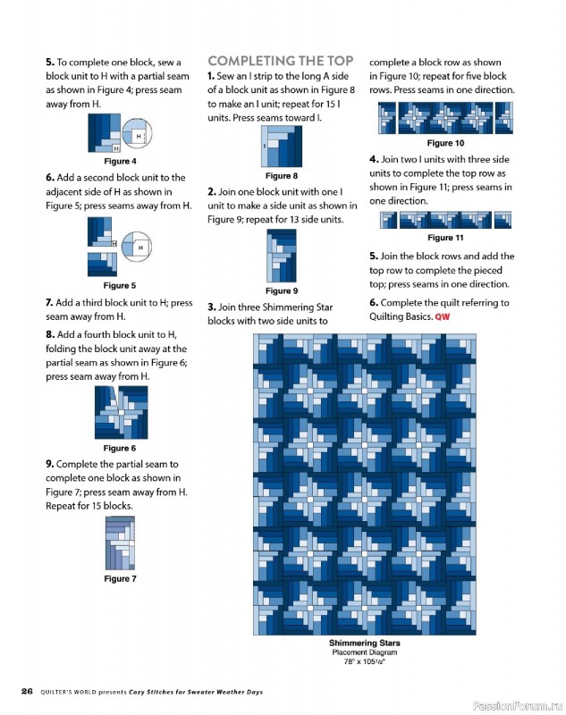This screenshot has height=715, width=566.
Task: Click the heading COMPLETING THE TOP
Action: pos(281,61)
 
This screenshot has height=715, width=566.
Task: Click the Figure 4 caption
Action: pos(120,162)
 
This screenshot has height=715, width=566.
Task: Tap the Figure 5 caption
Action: pos(120,285)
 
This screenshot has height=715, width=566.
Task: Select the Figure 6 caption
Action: pos(120,449)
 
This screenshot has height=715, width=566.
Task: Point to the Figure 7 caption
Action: pos(120,578)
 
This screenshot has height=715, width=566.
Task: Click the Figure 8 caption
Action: pos(282,176)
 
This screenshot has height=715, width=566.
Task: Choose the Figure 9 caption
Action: pos(282,291)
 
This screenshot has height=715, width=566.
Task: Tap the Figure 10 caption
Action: pos(445,143)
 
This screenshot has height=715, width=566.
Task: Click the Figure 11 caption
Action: pos(445,238)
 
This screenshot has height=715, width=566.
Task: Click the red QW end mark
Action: pos(443,317)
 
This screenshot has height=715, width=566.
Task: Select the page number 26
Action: pos(27,691)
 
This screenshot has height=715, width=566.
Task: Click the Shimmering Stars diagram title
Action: pos(365,643)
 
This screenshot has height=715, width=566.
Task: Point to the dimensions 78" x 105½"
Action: pos(365,661)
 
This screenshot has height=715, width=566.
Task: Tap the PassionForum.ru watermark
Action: pos(517,706)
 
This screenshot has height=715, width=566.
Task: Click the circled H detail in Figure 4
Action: pos(137,133)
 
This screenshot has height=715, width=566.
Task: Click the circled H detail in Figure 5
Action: pos(137,247)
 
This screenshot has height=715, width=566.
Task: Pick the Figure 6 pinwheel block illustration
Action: pos(122,412)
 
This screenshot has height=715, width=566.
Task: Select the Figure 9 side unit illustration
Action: pos(282,256)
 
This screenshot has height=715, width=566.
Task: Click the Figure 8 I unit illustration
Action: pos(282,147)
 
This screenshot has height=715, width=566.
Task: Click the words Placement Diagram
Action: pos(365,652)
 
